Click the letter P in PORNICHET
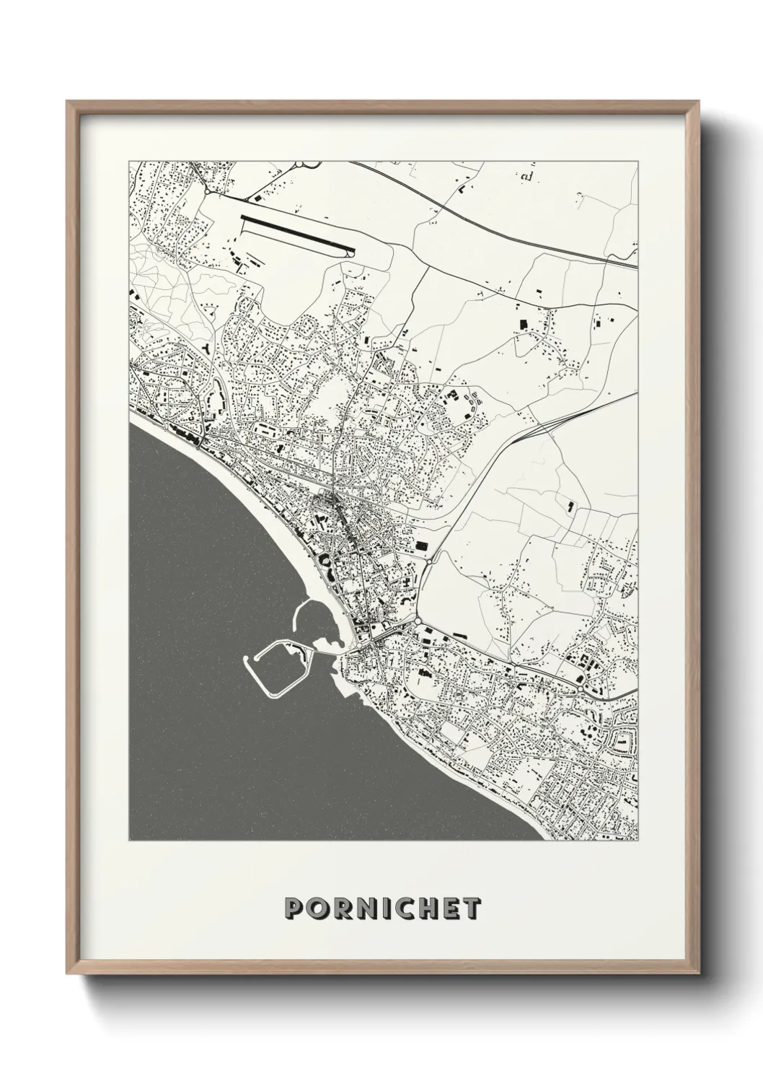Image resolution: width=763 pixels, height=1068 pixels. [x=294, y=908]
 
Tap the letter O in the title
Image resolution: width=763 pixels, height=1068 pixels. [x=317, y=908]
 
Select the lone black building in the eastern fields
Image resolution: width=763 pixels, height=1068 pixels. [x=571, y=507]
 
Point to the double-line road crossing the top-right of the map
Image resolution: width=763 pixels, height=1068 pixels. [x=505, y=216]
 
